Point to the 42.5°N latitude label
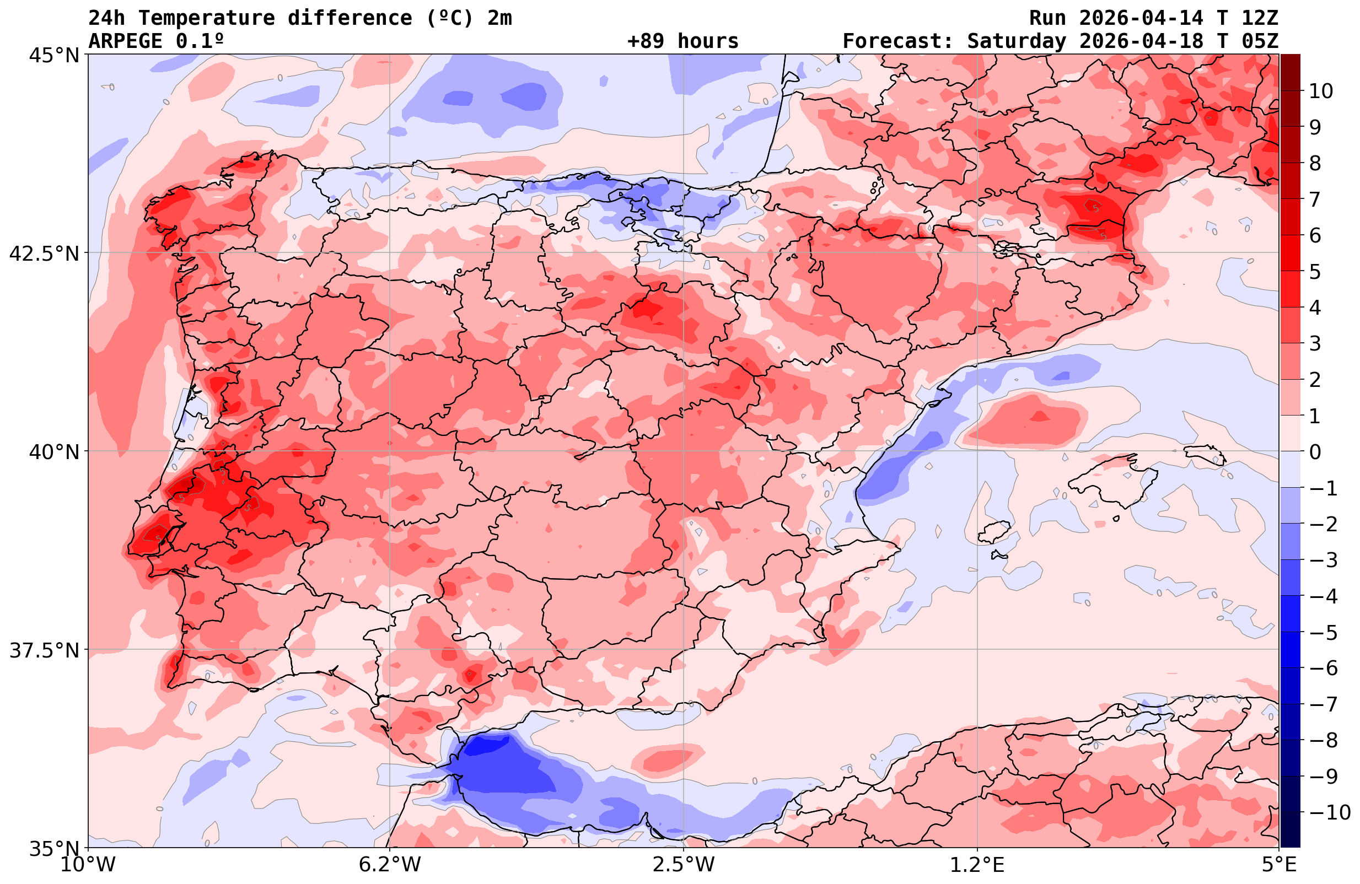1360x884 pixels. (44, 254)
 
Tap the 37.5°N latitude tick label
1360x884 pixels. (44, 650)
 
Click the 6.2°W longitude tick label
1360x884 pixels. (389, 865)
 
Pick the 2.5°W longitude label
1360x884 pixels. (684, 865)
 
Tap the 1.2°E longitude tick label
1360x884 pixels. (977, 865)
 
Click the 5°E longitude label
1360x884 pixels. (1279, 865)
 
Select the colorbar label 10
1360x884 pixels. (1320, 91)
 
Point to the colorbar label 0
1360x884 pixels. (1315, 452)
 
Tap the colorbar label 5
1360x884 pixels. (1315, 272)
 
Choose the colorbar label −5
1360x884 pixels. (1324, 633)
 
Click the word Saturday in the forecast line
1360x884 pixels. (1016, 41)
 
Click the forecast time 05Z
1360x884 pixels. (1260, 41)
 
